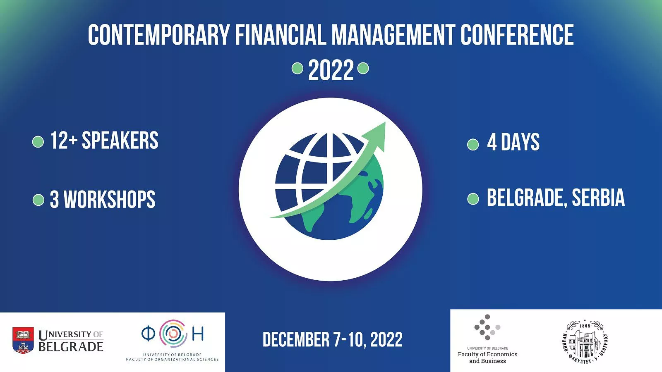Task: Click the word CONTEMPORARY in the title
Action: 159,35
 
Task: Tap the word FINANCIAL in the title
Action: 281,35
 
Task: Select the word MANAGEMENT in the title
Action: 393,35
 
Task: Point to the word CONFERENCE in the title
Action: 517,35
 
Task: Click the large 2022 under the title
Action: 331,70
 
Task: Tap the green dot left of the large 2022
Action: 297,68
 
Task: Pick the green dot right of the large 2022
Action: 363,68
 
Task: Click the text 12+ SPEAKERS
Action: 104,140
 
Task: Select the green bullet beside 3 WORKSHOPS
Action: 38,200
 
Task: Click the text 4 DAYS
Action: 513,142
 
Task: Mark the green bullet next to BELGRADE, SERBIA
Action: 473,199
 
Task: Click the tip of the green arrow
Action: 385,122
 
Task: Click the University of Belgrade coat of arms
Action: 23,341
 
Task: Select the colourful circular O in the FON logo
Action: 173,333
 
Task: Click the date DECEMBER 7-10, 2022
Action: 333,339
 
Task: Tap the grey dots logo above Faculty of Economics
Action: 487,327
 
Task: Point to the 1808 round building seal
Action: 585,342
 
